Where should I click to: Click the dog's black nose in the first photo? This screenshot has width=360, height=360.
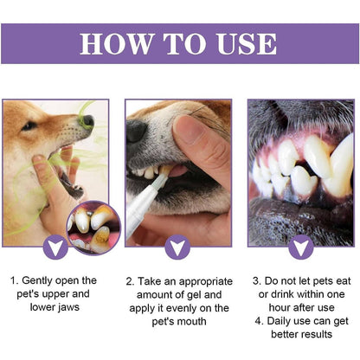[87, 121]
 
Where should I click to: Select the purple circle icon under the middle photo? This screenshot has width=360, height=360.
[179, 247]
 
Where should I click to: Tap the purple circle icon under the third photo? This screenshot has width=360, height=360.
[300, 247]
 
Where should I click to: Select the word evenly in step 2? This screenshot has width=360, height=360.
[172, 307]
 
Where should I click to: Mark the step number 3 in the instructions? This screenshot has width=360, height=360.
[257, 280]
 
